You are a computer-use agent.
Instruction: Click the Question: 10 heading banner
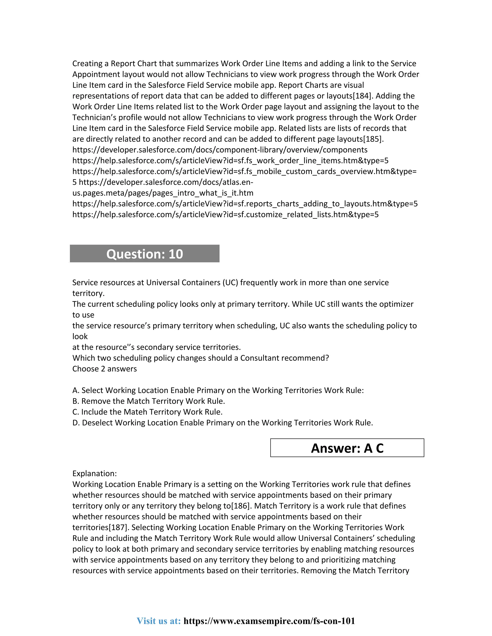pos(145,254)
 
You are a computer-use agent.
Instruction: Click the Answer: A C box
pos(347,448)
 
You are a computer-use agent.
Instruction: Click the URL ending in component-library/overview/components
pos(220,150)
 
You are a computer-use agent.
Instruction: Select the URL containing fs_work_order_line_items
pos(230,161)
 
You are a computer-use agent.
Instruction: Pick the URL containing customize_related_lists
pos(225,215)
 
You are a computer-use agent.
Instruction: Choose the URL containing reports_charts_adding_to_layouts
pos(245,204)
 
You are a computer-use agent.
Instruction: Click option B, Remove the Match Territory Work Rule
pos(149,401)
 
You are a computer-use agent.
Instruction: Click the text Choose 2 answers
pos(104,369)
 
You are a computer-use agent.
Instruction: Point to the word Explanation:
pos(94,474)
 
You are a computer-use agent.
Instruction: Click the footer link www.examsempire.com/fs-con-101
pos(269,621)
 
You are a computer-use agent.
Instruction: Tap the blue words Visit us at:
pos(159,621)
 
